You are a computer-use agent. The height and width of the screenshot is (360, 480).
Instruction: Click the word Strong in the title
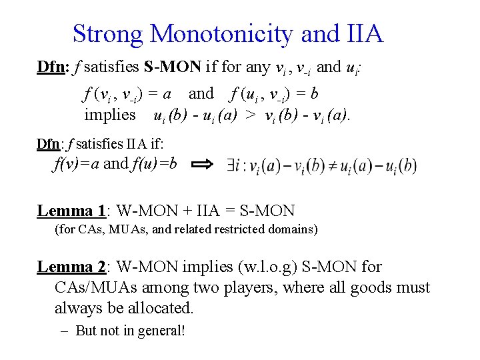pyautogui.click(x=108, y=33)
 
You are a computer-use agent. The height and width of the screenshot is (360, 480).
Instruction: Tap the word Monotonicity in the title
pyautogui.click(x=223, y=33)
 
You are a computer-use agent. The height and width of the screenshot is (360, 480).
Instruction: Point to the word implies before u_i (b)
pyautogui.click(x=109, y=115)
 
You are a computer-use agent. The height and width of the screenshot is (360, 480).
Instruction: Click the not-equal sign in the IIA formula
pyautogui.click(x=330, y=165)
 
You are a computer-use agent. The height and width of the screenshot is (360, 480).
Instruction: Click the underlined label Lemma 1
pyautogui.click(x=71, y=211)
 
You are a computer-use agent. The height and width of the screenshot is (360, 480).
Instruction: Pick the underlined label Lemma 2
pyautogui.click(x=71, y=267)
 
